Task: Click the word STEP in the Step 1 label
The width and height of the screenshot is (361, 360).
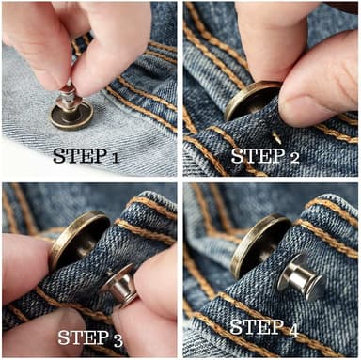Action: click(79, 156)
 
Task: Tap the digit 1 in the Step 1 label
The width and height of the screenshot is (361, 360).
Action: click(115, 158)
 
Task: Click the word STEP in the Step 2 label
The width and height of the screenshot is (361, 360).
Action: click(258, 156)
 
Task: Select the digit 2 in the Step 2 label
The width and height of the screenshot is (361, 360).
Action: click(294, 158)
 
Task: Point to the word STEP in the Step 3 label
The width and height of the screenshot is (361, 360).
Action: click(84, 337)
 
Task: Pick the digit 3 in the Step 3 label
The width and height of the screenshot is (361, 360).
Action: click(118, 340)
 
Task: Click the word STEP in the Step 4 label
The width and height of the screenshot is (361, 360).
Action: click(256, 327)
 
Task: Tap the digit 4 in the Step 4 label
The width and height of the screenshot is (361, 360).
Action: click(293, 331)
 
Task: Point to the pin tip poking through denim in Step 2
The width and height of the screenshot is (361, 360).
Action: click(276, 137)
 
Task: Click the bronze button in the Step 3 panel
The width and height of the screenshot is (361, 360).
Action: click(78, 238)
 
